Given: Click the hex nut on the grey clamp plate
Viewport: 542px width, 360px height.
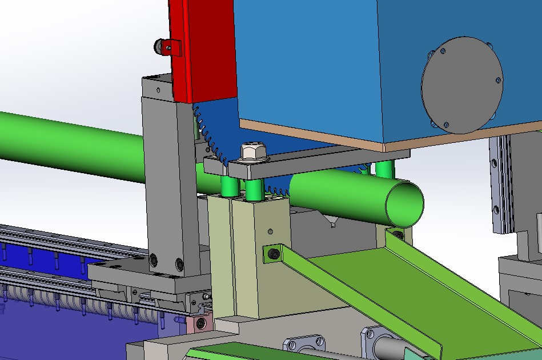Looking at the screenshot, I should point(250,152).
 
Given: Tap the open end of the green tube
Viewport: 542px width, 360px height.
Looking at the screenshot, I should point(404,203).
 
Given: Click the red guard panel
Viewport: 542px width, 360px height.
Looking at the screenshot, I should point(209,51).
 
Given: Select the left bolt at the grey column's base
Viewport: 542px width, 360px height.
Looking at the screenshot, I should point(154,261).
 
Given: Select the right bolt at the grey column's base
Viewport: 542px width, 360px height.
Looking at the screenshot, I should point(179,264).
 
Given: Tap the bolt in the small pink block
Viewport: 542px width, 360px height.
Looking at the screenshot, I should point(200,324).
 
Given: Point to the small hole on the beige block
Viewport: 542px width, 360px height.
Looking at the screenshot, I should point(270,231).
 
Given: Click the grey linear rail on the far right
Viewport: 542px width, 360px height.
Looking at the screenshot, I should point(501,183).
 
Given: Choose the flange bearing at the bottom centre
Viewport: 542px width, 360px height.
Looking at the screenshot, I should point(305,345).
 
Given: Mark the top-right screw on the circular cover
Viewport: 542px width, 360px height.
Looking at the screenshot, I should point(498,81).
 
